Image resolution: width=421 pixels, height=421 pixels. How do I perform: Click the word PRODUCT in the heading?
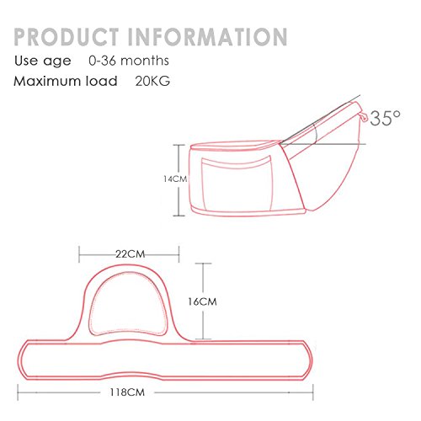click(66, 37)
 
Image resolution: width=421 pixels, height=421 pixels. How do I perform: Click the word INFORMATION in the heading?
click(208, 37)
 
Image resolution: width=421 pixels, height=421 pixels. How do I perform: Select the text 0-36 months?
click(129, 61)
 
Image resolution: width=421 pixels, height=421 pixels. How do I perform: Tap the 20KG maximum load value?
click(152, 81)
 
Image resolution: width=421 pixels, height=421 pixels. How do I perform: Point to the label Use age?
click(43, 61)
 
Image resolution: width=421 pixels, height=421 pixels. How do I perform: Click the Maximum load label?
click(66, 81)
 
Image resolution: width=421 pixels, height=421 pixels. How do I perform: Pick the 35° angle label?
click(385, 118)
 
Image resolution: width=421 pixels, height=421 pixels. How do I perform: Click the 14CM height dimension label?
click(175, 179)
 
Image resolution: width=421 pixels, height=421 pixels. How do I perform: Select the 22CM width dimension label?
click(131, 254)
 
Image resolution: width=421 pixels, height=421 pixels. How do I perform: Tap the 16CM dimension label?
click(202, 301)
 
